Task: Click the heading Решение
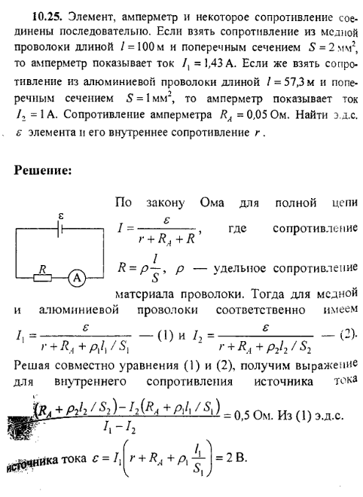pyautogui.click(x=44, y=170)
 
